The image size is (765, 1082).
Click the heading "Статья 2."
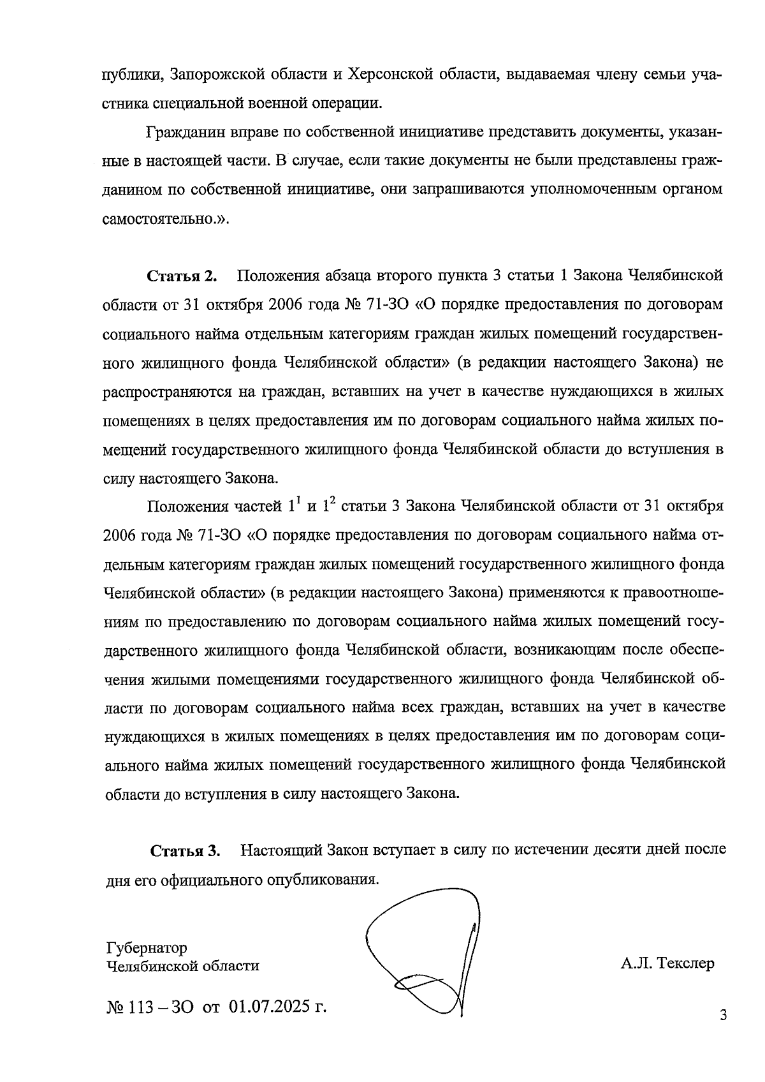182,276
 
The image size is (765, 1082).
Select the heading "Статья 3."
185,851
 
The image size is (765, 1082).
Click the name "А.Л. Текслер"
667,963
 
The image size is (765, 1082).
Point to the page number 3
723,1015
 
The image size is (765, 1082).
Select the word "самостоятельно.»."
166,219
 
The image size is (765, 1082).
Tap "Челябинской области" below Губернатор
182,965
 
